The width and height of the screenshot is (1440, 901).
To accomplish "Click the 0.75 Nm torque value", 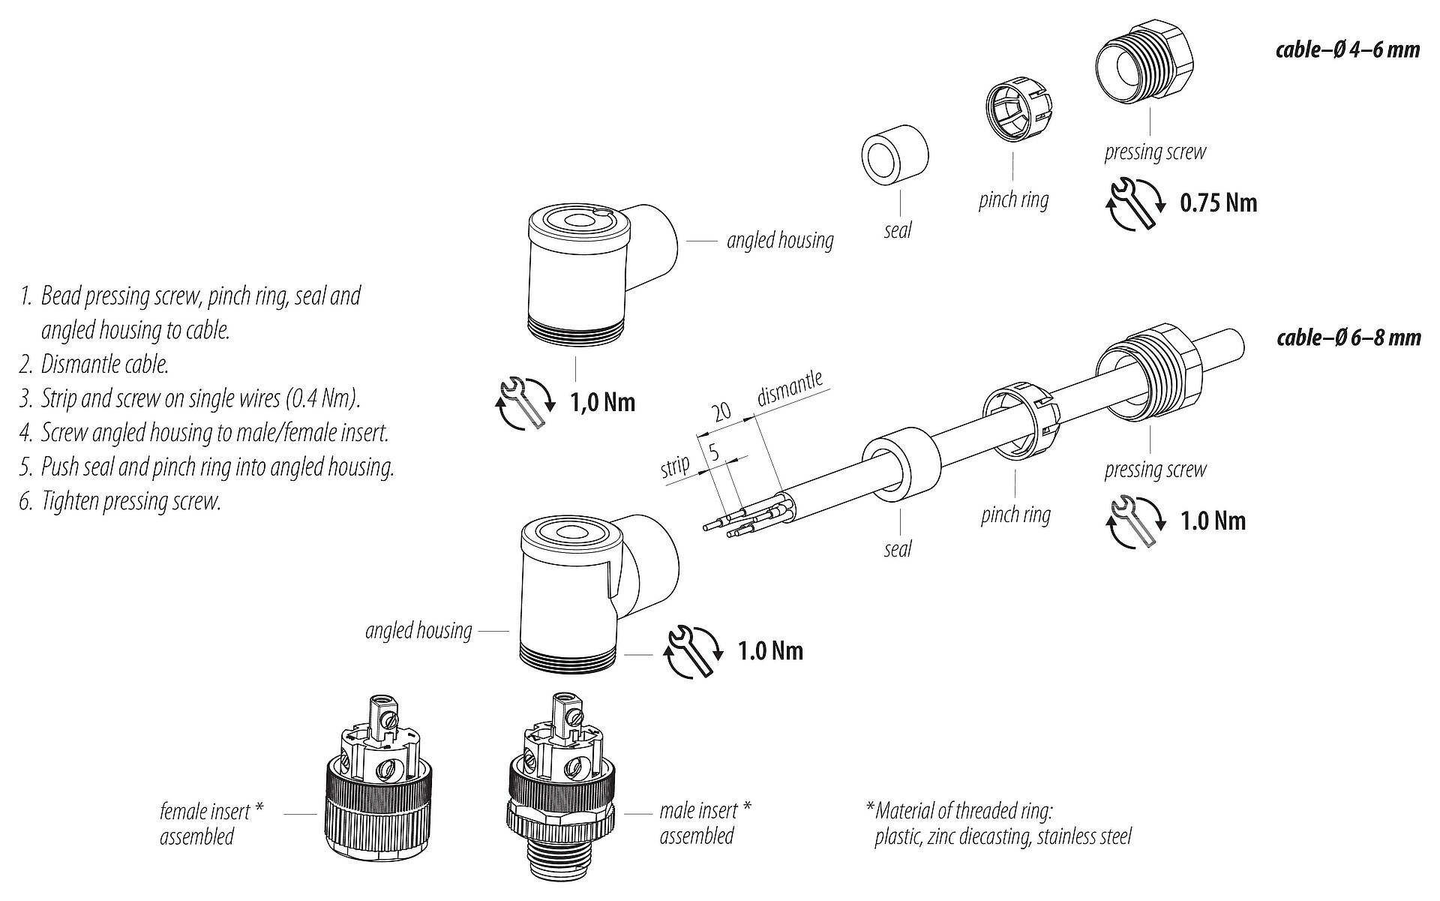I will [x=1218, y=203].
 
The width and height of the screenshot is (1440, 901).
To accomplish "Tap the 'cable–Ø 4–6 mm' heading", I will [x=1348, y=50].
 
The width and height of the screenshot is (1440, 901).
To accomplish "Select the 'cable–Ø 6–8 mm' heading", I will [x=1348, y=338].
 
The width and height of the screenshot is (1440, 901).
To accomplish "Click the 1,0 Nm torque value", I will [x=603, y=403].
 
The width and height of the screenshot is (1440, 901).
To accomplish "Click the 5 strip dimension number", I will [x=714, y=452].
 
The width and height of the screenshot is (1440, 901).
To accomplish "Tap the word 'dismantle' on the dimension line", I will [x=790, y=387].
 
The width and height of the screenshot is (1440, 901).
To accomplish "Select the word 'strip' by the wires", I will [x=675, y=467].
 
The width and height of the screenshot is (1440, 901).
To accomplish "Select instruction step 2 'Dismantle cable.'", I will [x=94, y=365].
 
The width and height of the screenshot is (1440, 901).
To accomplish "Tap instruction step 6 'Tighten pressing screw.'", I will [x=121, y=501].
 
